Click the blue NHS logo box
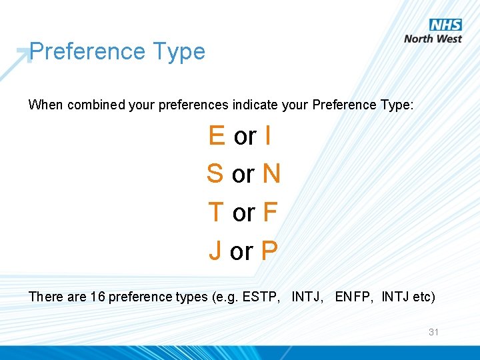point(445,25)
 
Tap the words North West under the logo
point(433,39)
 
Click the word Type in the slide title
point(179,51)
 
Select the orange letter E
point(217,135)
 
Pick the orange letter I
point(267,135)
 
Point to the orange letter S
point(215,173)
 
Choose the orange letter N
point(271,173)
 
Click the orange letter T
point(215,212)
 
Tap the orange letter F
point(270,212)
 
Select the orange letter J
point(215,251)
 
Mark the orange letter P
point(269,251)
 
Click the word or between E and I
point(245,137)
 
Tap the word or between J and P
point(241,252)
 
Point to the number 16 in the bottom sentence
point(97,297)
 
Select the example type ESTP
point(261,297)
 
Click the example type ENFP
point(354,297)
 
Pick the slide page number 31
point(433,331)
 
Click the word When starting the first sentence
point(45,105)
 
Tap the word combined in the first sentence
point(95,105)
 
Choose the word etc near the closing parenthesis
point(421,297)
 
